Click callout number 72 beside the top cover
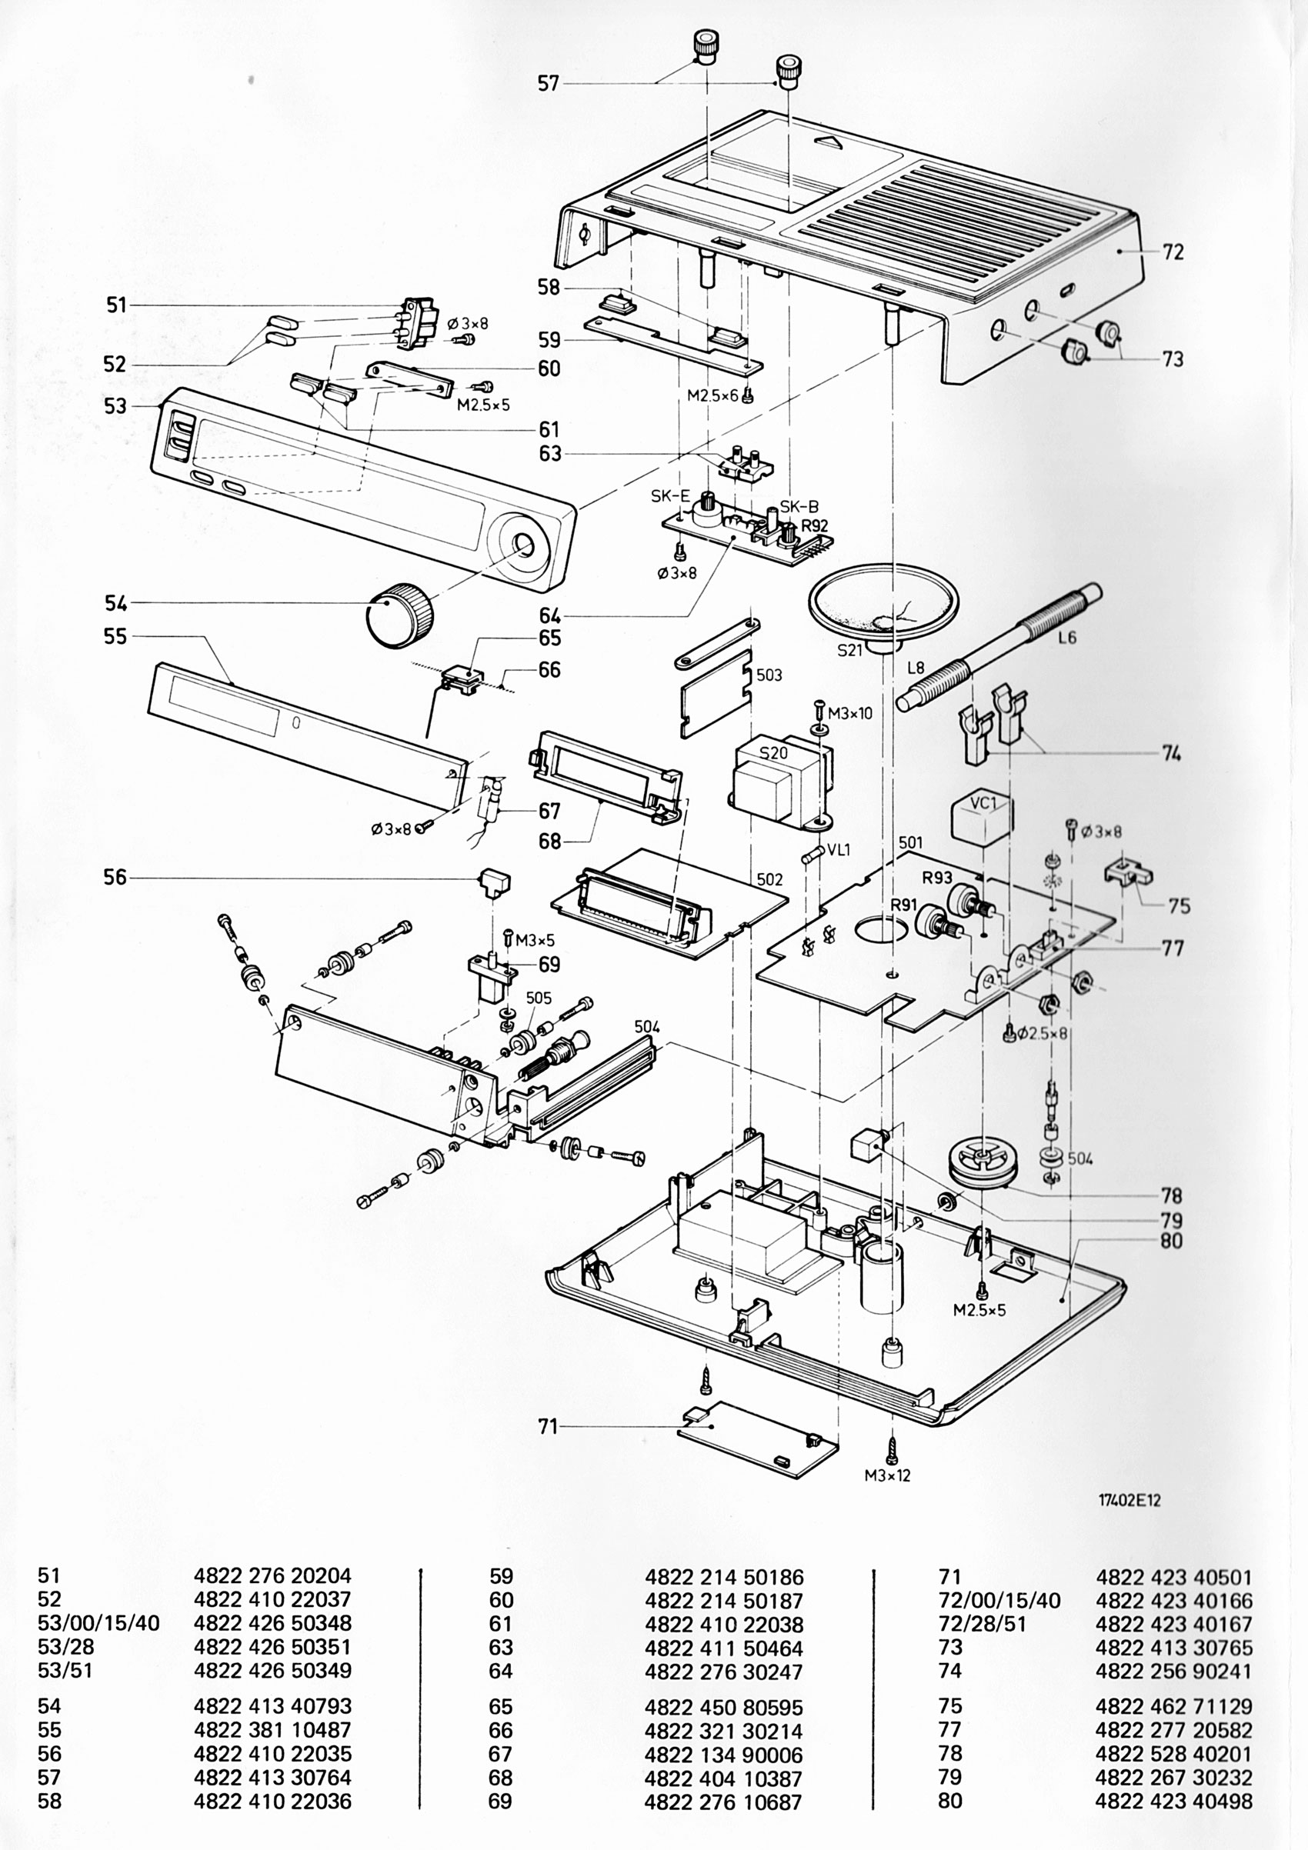[x=1173, y=252]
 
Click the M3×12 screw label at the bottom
[x=887, y=1475]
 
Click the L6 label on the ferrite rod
[x=1067, y=638]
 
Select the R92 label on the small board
[x=815, y=526]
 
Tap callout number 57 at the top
[x=548, y=83]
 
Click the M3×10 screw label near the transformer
[x=850, y=713]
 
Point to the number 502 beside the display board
[x=769, y=879]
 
